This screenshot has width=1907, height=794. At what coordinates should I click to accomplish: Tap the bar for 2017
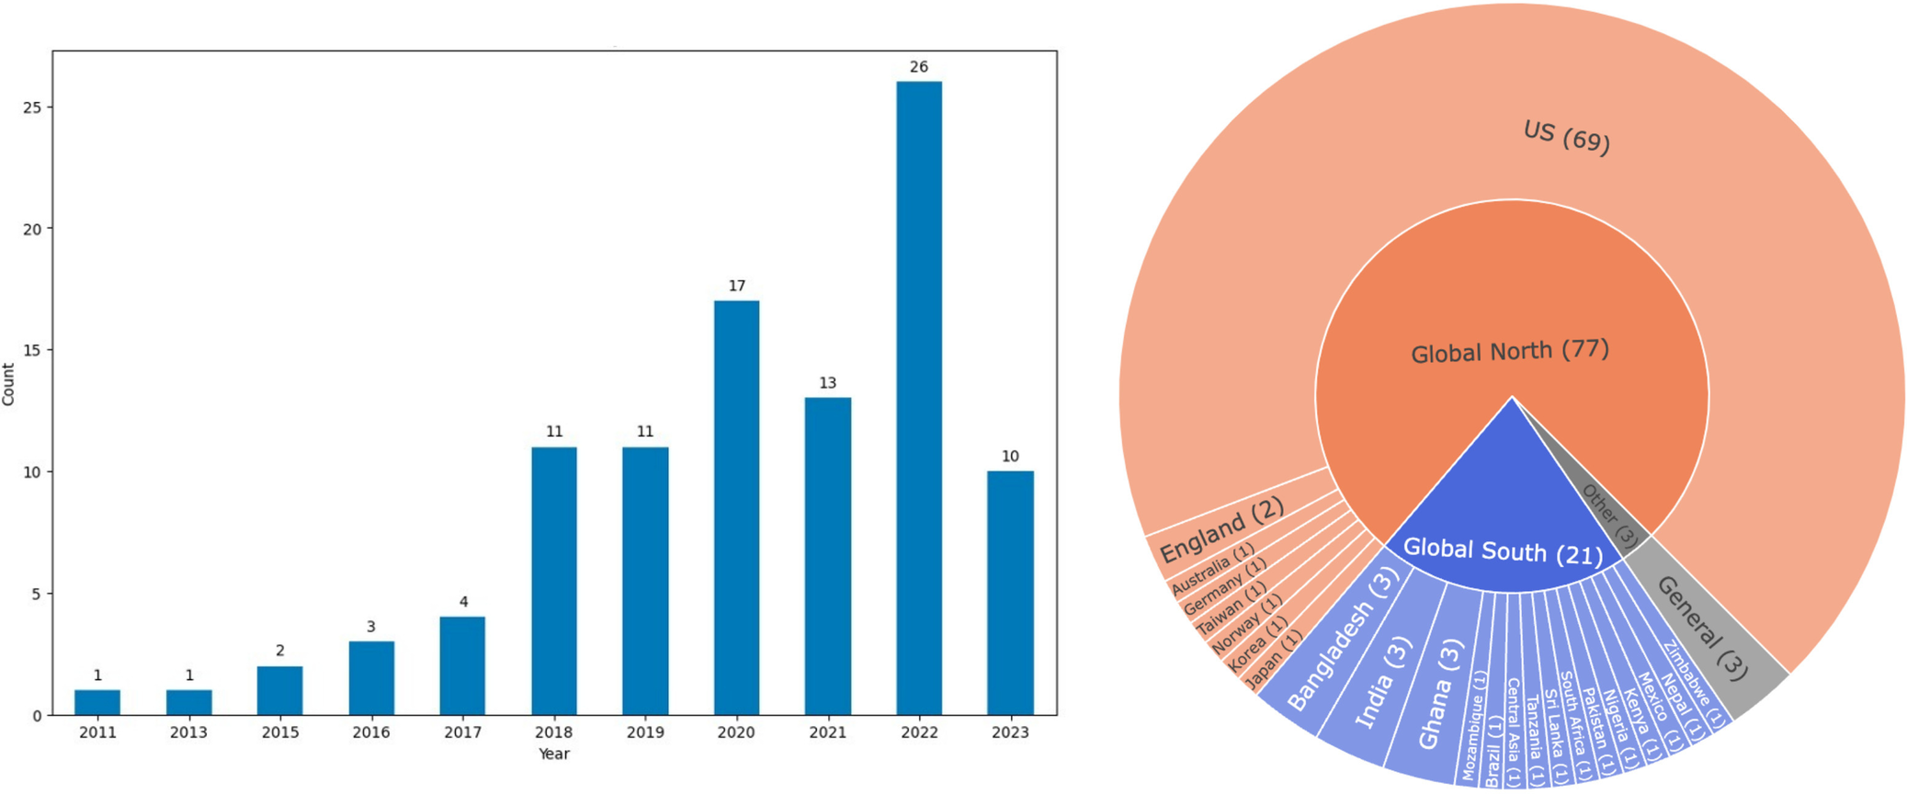pyautogui.click(x=462, y=665)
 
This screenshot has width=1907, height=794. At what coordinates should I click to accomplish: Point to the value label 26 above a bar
pyautogui.click(x=919, y=67)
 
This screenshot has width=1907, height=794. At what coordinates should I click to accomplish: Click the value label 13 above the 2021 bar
pyautogui.click(x=827, y=383)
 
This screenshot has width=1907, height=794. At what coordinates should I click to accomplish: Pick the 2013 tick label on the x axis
pyautogui.click(x=188, y=732)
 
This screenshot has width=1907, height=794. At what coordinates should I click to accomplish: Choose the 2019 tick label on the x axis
pyautogui.click(x=645, y=732)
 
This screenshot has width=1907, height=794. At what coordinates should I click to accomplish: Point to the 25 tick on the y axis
pyautogui.click(x=33, y=108)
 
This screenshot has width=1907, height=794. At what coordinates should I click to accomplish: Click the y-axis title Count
pyautogui.click(x=9, y=384)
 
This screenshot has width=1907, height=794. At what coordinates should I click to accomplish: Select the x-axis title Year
pyautogui.click(x=554, y=754)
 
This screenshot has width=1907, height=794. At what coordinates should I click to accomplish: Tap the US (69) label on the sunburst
pyautogui.click(x=1566, y=137)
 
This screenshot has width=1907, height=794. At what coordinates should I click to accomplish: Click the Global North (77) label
pyautogui.click(x=1510, y=352)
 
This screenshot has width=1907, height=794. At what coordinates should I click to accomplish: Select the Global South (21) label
pyautogui.click(x=1503, y=551)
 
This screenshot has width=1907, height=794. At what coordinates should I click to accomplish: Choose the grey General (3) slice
pyautogui.click(x=1702, y=628)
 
